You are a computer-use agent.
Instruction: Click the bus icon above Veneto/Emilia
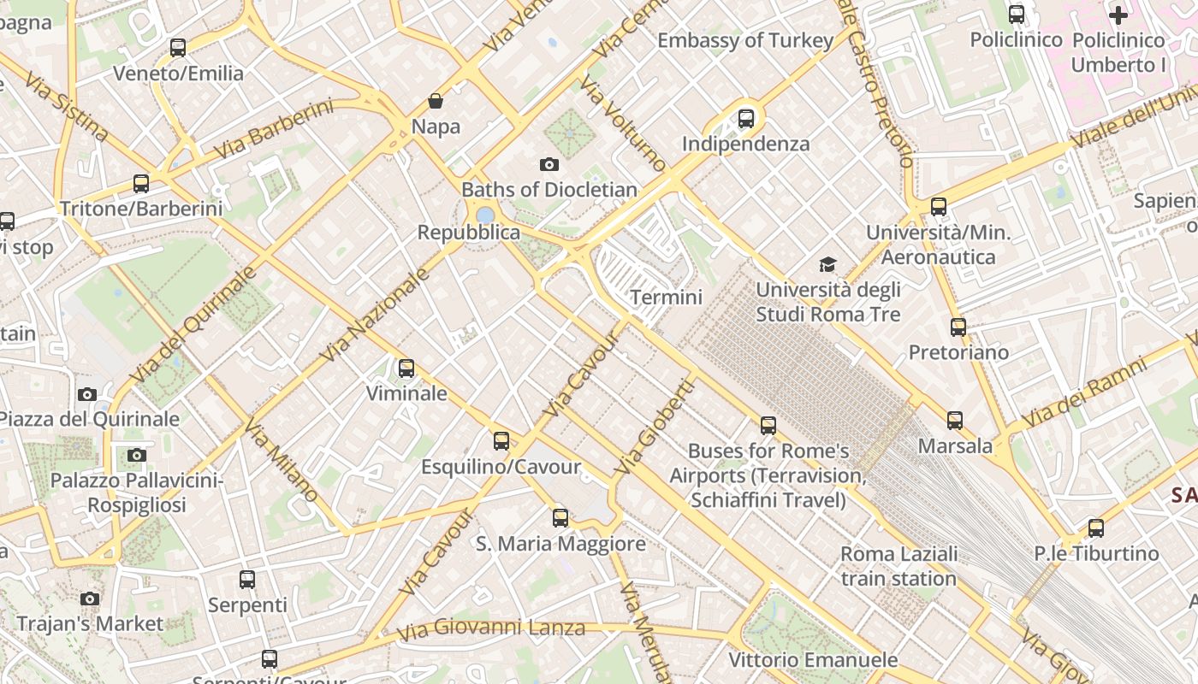coord(178,48)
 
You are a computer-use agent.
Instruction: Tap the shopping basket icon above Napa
coord(436,101)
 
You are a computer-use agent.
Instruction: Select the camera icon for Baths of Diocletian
coord(549,164)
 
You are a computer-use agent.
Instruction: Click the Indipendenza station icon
coord(746,119)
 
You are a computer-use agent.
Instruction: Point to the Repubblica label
coord(468,233)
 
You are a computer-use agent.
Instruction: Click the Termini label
coord(666,298)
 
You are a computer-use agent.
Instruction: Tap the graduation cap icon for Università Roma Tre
coord(827,264)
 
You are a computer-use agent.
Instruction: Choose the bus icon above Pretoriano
coord(958,327)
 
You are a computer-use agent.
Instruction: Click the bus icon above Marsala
coord(955,421)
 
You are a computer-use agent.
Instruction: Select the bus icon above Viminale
coord(406,369)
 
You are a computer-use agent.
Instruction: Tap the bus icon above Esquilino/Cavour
coord(501,441)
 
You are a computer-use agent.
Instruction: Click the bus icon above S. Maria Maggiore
coord(560,518)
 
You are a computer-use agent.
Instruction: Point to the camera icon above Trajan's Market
coord(90,598)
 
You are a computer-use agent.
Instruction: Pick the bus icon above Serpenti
coord(247,580)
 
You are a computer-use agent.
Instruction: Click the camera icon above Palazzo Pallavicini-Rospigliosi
coord(137,455)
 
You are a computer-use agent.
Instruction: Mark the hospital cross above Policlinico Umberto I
coord(1118,15)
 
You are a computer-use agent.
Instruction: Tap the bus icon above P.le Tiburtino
coord(1096,528)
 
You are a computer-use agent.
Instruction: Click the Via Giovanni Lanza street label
coord(492,630)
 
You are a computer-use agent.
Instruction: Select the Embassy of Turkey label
coord(745,40)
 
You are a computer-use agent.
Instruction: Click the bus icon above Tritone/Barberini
coord(141,183)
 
